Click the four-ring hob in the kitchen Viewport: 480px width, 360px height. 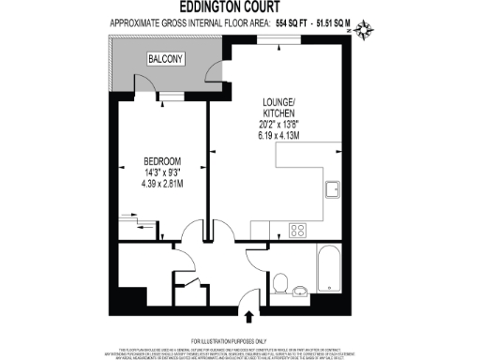299,229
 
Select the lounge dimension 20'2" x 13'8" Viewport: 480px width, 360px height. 277,123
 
